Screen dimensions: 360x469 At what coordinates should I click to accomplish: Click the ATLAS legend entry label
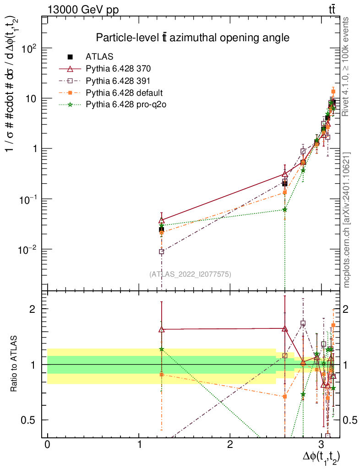99,56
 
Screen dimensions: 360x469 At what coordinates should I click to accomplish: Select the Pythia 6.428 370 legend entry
118,69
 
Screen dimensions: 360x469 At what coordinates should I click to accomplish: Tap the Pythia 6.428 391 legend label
118,81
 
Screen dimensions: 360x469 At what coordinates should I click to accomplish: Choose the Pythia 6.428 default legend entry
124,93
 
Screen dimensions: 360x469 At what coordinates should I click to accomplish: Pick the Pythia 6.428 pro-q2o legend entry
126,104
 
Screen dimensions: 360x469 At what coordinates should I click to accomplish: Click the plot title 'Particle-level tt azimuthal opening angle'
192,38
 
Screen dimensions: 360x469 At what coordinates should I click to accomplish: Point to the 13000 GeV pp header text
83,10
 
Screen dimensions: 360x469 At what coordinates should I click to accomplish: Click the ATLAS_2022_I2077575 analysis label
190,274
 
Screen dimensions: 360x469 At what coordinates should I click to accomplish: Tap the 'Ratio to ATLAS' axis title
13,364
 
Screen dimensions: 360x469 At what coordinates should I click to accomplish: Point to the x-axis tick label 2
230,444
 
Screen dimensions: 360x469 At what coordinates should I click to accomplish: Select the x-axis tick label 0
48,444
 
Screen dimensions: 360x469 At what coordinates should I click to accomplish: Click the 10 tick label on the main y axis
30,98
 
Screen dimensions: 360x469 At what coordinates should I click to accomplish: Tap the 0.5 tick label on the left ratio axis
28,420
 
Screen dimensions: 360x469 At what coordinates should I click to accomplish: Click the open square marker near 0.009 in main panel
162,251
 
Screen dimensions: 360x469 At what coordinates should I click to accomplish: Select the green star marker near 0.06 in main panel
284,209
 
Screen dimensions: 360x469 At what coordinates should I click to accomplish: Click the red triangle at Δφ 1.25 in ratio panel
162,329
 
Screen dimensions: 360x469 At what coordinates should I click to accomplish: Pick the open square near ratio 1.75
303,323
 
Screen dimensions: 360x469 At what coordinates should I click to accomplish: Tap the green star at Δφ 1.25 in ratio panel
162,349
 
